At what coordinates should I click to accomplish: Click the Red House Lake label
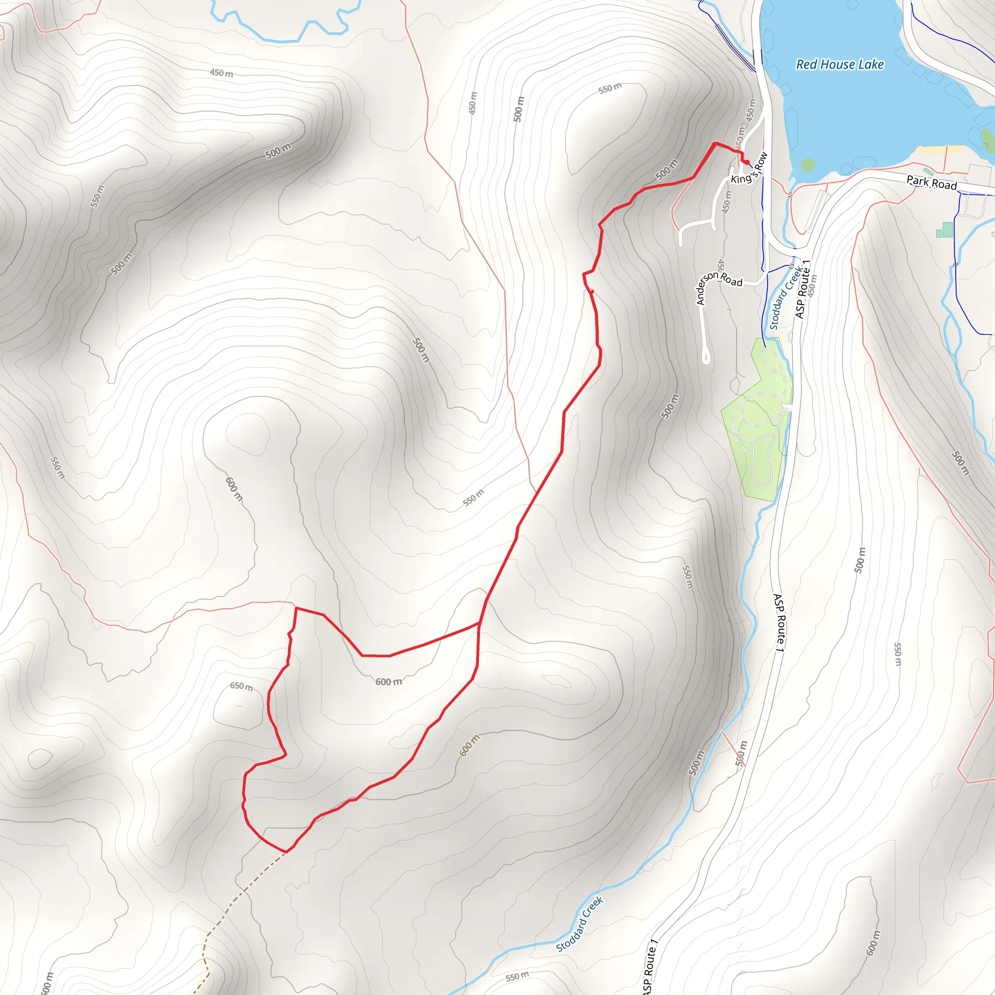[840, 65]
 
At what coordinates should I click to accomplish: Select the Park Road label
[931, 182]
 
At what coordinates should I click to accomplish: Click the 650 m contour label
[241, 686]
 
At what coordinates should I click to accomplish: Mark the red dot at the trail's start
[746, 163]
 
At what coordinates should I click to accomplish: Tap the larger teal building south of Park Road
[947, 229]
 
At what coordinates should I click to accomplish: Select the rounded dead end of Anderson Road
[706, 358]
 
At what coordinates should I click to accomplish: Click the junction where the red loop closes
[480, 624]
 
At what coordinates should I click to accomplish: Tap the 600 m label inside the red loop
[388, 682]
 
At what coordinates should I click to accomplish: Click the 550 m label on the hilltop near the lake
[610, 88]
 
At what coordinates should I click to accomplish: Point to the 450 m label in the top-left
[221, 73]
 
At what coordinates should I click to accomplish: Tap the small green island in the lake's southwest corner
[808, 165]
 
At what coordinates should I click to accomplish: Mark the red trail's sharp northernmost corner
[715, 143]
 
